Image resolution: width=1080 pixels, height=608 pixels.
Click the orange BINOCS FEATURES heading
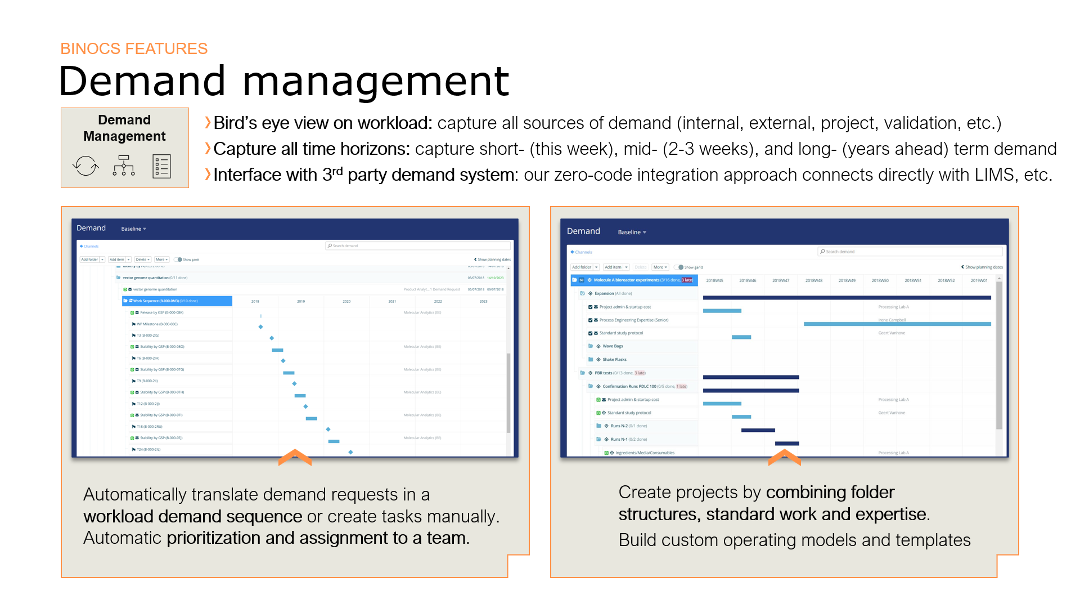[x=134, y=49]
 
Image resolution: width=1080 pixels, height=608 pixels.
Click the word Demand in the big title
[x=142, y=82]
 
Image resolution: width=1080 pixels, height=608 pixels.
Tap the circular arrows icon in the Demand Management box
[x=85, y=166]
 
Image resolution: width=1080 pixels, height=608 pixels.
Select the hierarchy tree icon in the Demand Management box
[x=124, y=166]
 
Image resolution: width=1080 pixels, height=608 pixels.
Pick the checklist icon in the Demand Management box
[x=161, y=167]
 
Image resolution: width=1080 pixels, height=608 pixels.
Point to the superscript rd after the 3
[x=337, y=171]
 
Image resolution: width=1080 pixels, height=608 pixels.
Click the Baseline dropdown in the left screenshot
[x=133, y=229]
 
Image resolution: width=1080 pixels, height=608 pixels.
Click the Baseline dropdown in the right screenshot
[x=632, y=233]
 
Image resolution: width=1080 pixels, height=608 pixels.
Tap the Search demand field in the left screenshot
[x=418, y=246]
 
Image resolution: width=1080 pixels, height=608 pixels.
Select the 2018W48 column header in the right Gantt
[x=813, y=280]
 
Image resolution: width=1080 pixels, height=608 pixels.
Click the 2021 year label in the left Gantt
[x=392, y=302]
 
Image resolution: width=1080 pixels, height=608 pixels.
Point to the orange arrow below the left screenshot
[x=295, y=457]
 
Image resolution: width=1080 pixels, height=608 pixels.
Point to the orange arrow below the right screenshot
[x=784, y=457]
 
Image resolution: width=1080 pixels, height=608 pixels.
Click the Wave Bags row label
[x=613, y=346]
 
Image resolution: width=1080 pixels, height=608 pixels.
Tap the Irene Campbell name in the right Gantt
[x=892, y=320]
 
